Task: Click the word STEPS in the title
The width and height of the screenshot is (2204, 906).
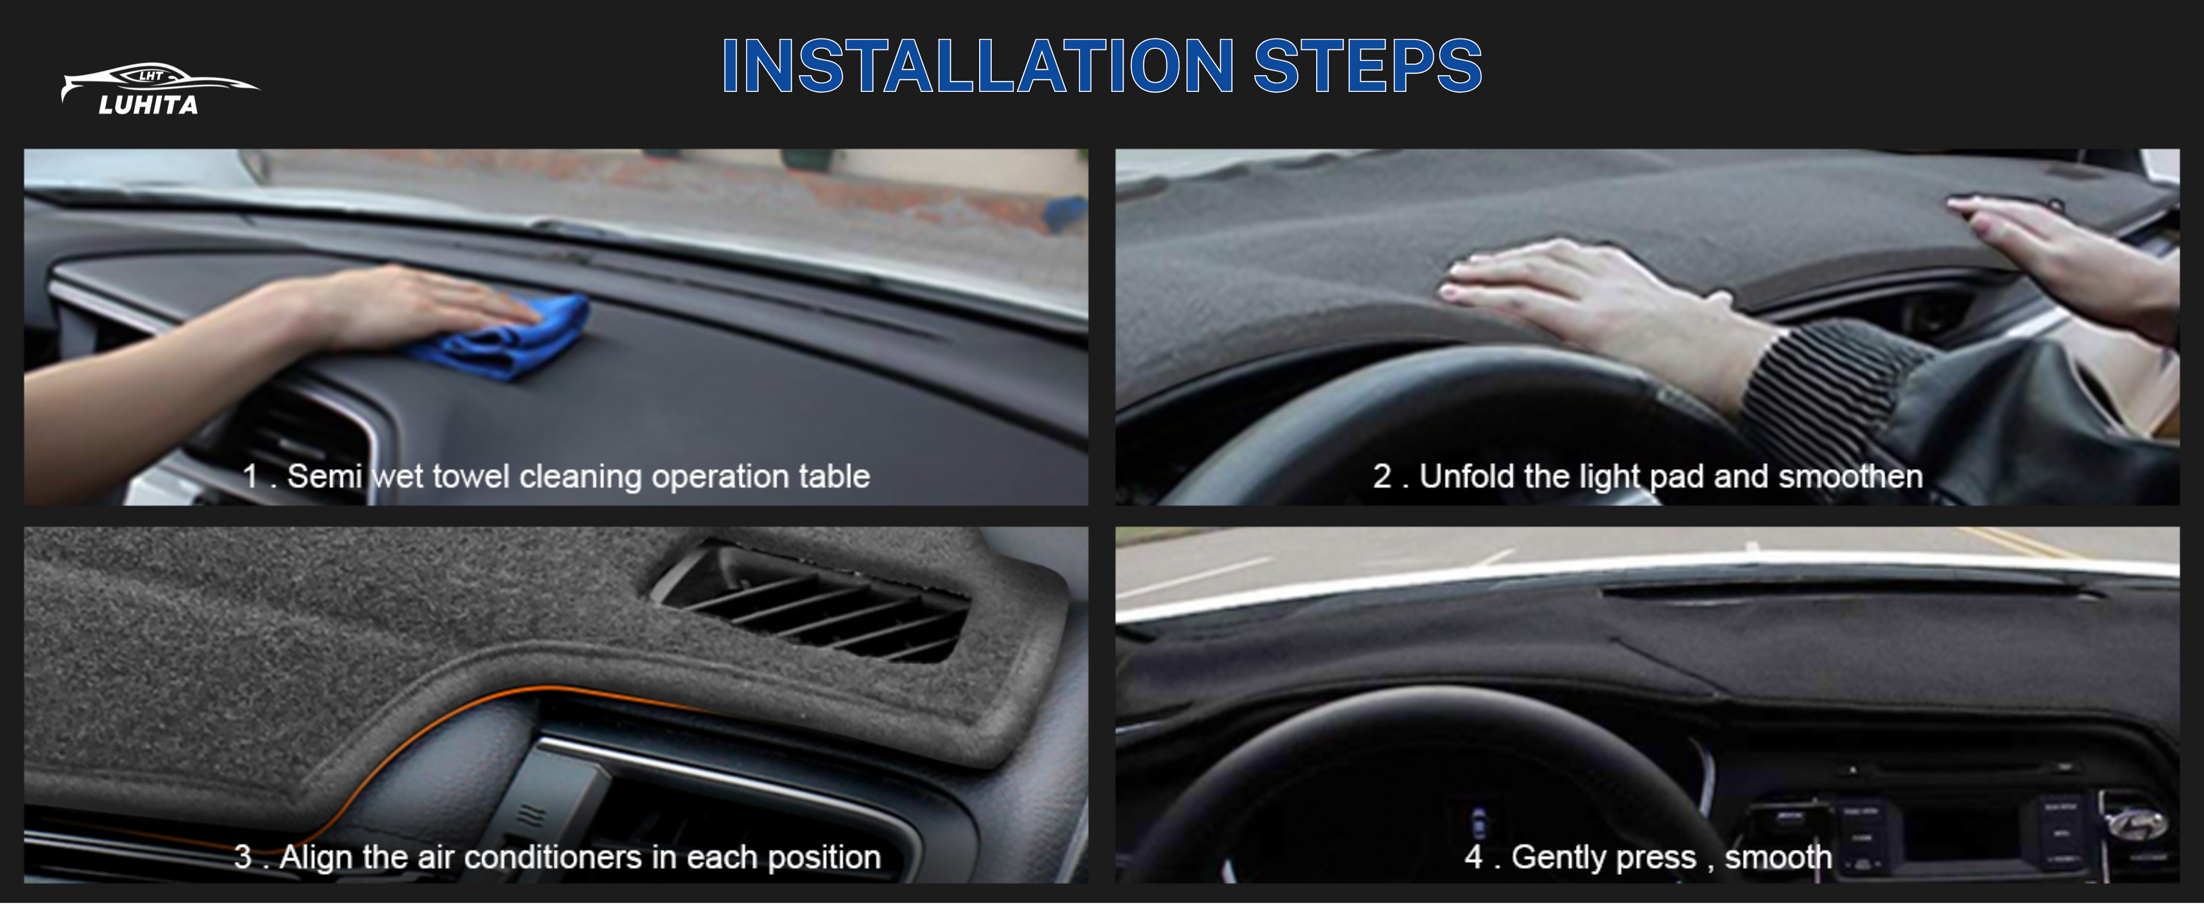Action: coord(1367,66)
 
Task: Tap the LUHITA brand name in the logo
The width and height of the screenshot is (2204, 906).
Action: coord(148,105)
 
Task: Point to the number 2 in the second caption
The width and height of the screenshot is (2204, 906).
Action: coord(1382,477)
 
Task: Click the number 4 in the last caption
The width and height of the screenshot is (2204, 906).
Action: coord(1473,857)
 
